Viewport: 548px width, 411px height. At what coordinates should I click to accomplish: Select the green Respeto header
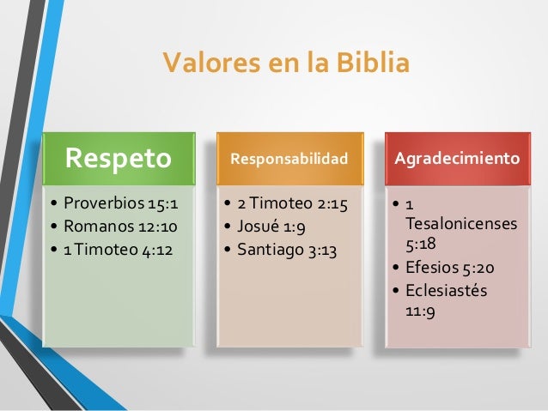(x=119, y=159)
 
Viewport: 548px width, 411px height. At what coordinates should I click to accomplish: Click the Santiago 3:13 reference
(x=280, y=251)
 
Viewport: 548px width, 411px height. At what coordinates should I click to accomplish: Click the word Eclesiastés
(x=446, y=290)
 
